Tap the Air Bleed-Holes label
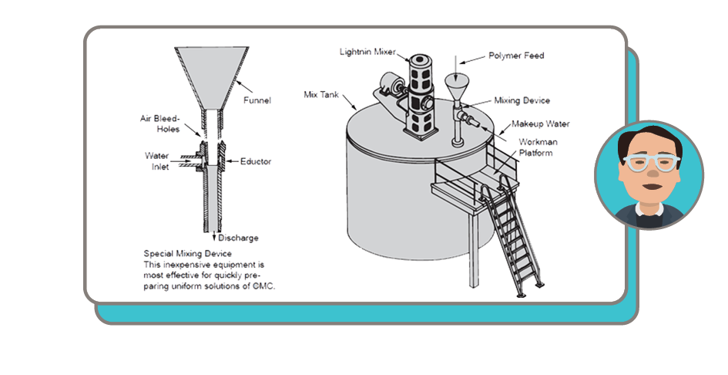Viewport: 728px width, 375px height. click(160, 123)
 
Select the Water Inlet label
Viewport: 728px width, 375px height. click(157, 160)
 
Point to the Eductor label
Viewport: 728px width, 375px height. click(256, 161)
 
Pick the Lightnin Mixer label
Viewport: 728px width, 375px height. click(367, 51)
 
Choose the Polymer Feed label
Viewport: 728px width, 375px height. click(515, 56)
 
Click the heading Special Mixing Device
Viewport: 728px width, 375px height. click(188, 253)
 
